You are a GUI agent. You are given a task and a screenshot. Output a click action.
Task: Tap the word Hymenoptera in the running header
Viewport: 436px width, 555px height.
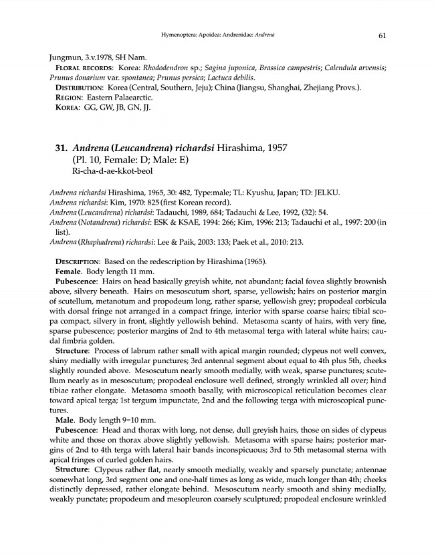[x=179, y=35]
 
